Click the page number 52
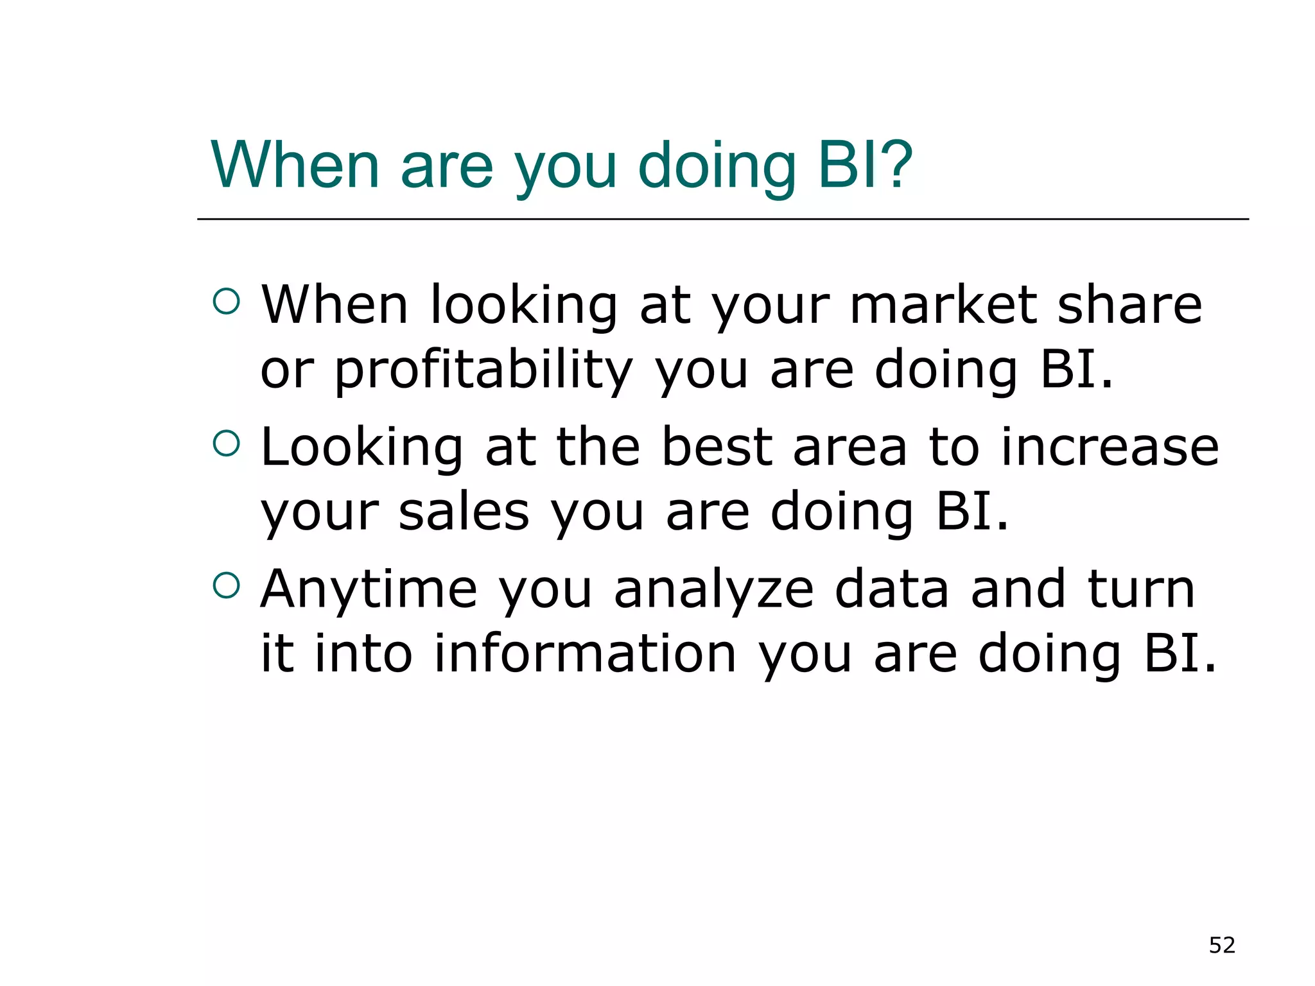(1221, 945)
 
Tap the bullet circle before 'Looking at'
(226, 443)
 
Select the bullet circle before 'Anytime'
(226, 585)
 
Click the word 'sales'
(464, 512)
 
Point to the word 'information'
(585, 653)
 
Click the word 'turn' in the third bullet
(1141, 589)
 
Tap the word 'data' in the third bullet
(891, 589)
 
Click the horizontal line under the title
(723, 219)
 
